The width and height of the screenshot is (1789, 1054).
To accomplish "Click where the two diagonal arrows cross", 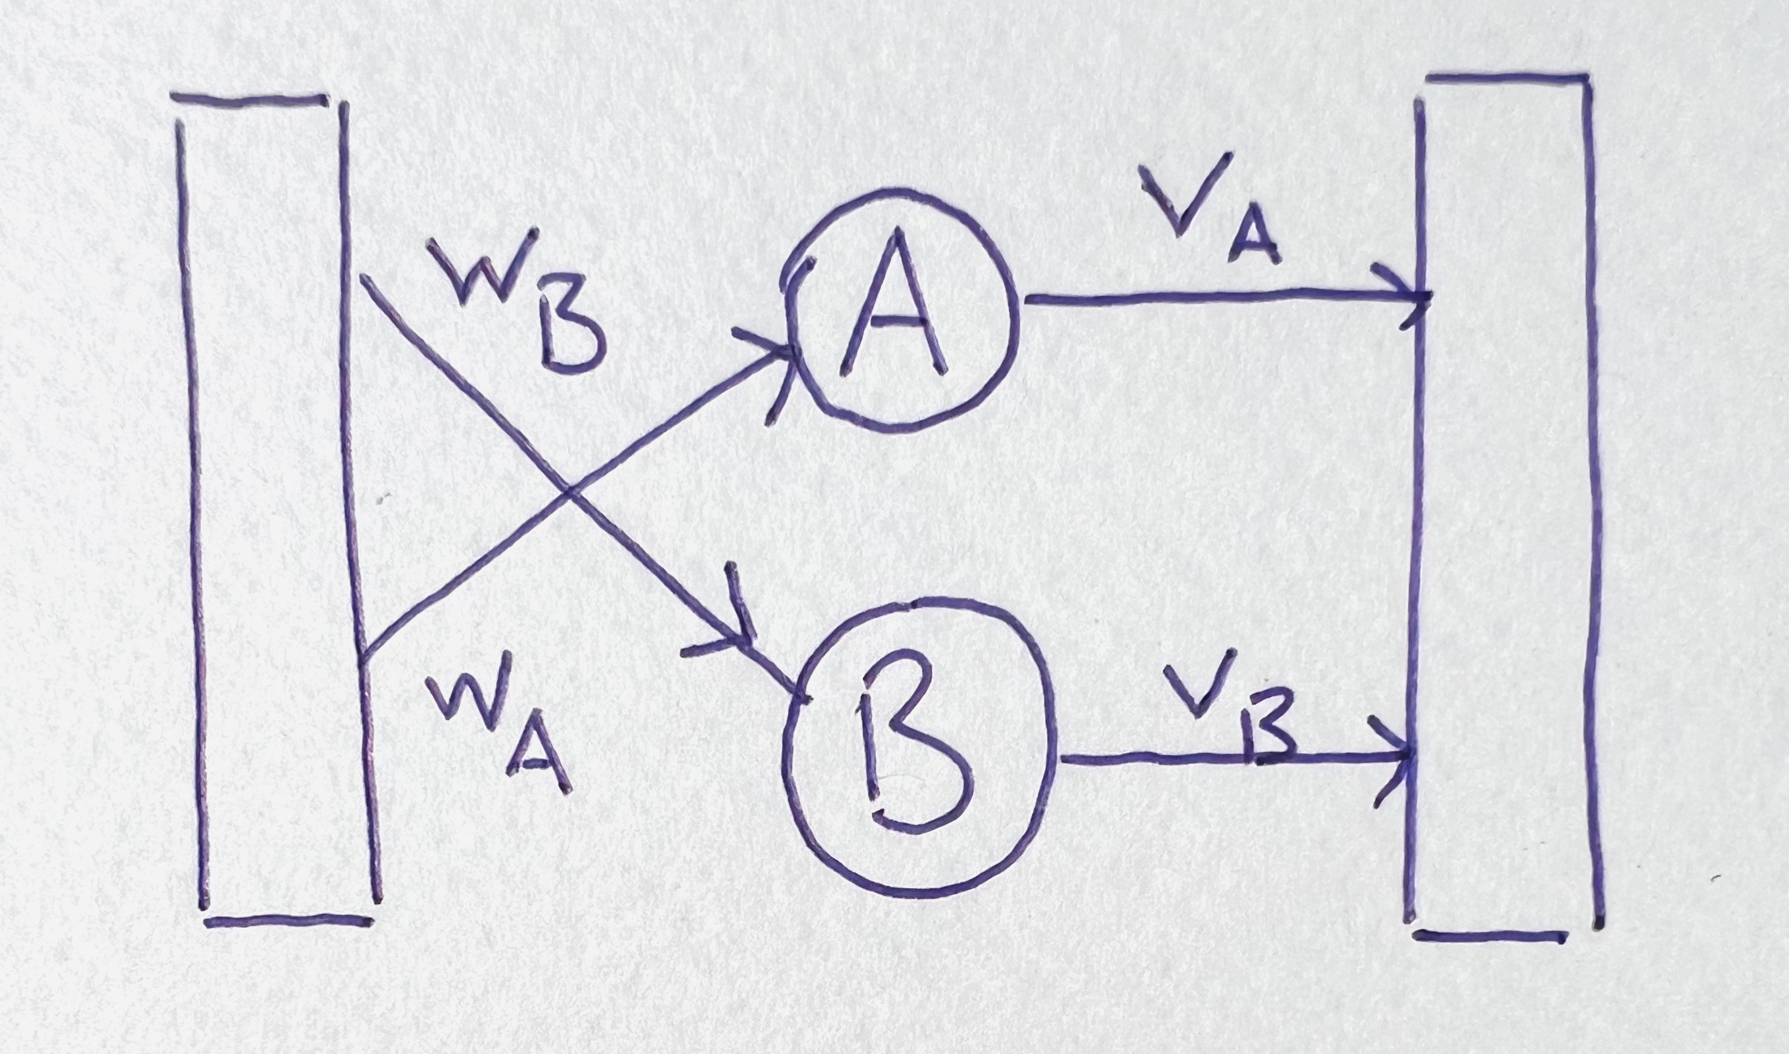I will (568, 490).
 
